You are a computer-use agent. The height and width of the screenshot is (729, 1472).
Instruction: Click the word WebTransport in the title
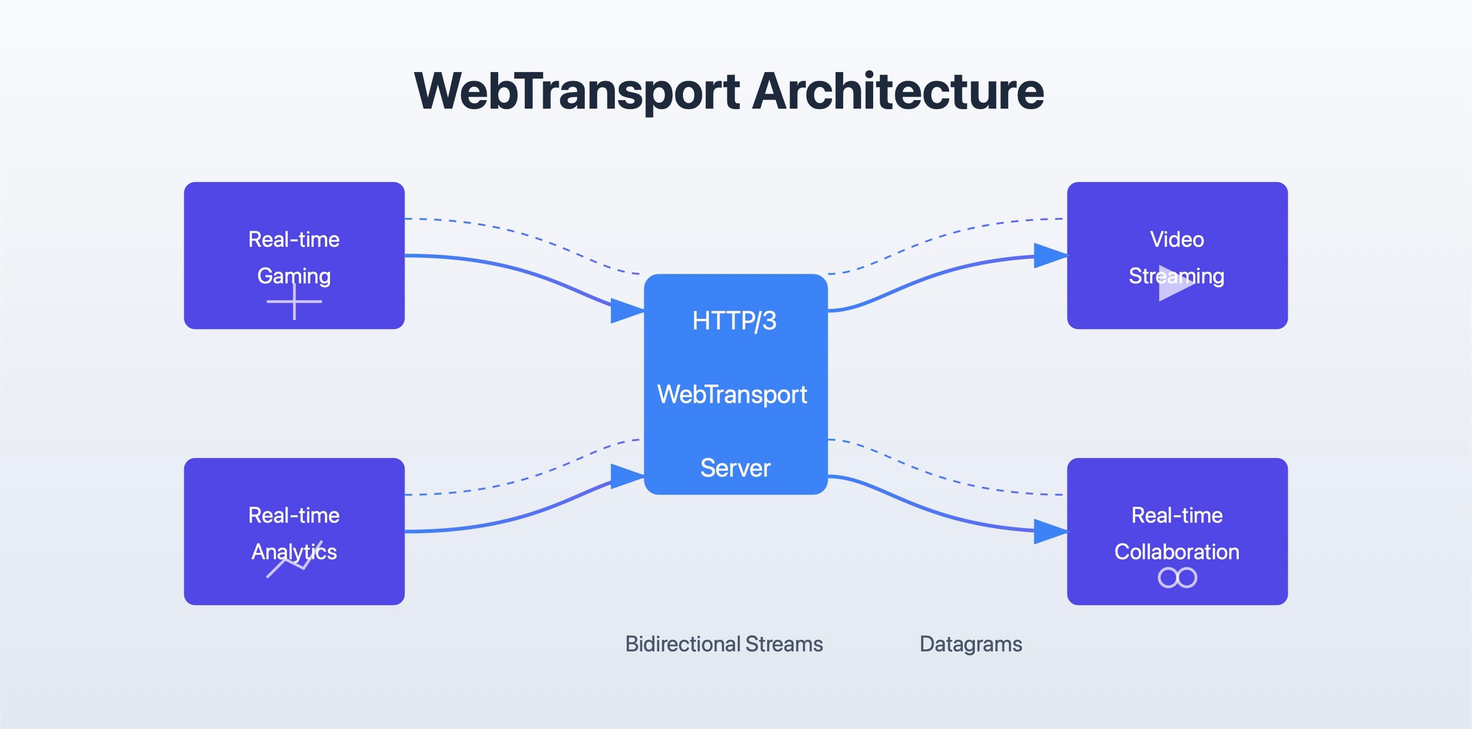[577, 92]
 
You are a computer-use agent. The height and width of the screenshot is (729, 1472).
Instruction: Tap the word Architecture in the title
[897, 92]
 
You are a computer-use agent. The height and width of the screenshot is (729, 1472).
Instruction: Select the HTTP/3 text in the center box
[734, 320]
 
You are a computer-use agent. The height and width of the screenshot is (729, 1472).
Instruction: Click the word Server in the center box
[735, 468]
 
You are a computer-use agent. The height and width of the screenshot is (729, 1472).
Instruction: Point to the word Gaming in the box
[294, 276]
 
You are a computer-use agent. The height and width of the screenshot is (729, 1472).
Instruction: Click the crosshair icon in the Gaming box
[294, 301]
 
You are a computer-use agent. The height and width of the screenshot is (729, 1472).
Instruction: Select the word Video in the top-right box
[1177, 239]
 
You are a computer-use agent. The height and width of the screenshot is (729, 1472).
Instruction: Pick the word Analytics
[294, 551]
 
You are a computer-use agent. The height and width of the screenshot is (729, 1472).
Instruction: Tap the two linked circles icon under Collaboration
[1177, 578]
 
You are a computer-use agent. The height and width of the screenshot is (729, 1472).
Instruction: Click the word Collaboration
[1177, 551]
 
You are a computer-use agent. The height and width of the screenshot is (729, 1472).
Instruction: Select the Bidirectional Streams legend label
[724, 644]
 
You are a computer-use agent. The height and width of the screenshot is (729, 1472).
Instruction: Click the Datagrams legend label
[970, 644]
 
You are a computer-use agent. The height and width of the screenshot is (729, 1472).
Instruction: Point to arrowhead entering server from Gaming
[627, 311]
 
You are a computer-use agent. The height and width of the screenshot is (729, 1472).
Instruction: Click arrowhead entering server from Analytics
[627, 476]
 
